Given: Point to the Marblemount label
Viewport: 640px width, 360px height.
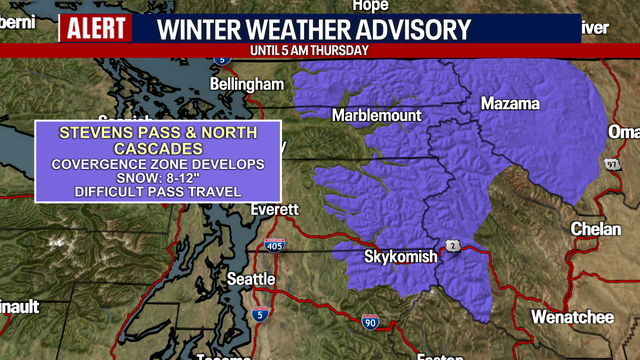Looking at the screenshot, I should coord(378,114).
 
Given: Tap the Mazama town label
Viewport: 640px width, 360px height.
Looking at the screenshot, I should coord(510,103).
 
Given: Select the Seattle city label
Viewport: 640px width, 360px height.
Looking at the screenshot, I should coord(250,278).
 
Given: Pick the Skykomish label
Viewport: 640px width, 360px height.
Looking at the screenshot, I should coord(400,257).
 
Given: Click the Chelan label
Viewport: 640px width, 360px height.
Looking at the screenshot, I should coord(595,229).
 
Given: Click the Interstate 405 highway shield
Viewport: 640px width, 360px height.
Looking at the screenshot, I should coord(274,245).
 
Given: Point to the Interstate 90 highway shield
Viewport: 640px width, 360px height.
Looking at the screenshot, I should coord(369,322).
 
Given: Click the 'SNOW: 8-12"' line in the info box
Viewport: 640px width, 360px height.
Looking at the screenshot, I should coord(157,177).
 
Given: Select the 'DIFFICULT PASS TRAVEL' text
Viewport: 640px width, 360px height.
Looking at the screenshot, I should coord(157,191).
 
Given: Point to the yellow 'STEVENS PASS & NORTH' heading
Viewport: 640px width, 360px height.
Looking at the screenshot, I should coord(157,132).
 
